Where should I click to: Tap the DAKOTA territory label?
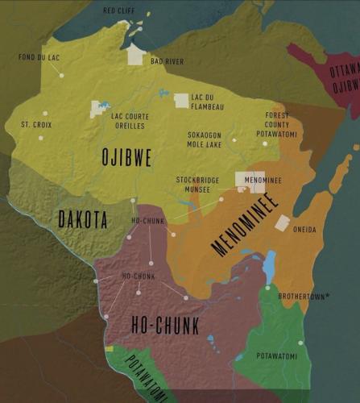coord(83,218)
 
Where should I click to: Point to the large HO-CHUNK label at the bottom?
coord(165,325)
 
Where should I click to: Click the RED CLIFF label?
coord(120,11)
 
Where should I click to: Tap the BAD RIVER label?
coord(167,61)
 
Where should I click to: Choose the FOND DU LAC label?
coord(39,57)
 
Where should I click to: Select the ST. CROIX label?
coord(36,125)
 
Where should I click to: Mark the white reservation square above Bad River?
coord(136,54)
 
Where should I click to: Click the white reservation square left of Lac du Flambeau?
coord(181,101)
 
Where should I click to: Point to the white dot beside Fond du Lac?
coord(61,75)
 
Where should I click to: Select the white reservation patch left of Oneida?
coord(282,223)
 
